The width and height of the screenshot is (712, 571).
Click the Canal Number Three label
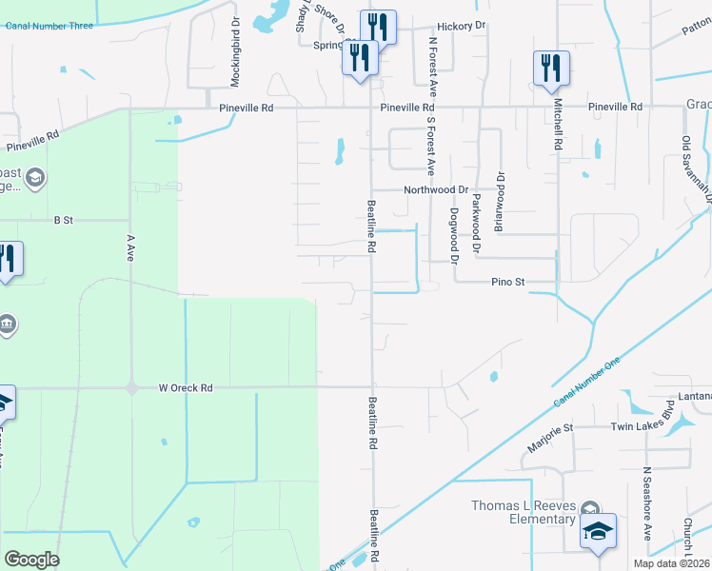[49, 26]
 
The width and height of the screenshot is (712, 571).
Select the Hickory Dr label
[462, 27]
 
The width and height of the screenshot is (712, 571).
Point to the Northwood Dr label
[436, 190]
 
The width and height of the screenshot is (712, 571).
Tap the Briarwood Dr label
[498, 202]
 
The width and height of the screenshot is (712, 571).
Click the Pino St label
[508, 282]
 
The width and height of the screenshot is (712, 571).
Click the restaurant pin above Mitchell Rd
[551, 68]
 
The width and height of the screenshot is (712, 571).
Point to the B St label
[64, 220]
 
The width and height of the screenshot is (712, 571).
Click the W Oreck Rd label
[185, 387]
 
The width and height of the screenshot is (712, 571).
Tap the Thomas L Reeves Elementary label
[524, 512]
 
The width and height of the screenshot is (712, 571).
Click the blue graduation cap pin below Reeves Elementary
[599, 533]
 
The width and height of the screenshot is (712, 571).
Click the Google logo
[31, 560]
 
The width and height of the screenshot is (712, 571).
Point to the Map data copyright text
[672, 563]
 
